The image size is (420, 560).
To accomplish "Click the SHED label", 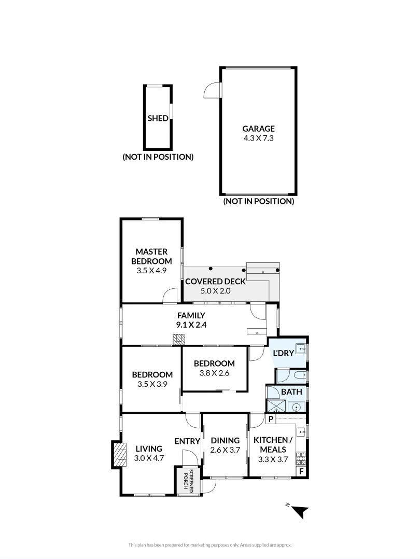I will (x=158, y=118).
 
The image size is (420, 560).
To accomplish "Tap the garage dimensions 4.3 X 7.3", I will (x=258, y=138).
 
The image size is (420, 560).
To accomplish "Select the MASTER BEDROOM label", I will (x=151, y=256).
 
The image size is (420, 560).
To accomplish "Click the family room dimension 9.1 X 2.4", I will (x=191, y=325).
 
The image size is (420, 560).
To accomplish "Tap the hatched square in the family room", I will (x=178, y=340).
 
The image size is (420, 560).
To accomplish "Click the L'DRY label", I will (x=283, y=353).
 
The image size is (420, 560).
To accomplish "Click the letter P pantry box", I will (x=271, y=418).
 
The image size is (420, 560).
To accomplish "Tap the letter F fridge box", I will (x=301, y=471).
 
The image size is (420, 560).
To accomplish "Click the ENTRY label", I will (x=187, y=441).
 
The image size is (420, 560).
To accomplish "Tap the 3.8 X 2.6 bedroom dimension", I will (x=214, y=372).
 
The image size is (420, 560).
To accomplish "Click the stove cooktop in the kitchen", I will (x=300, y=457).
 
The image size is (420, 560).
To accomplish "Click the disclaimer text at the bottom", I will (x=210, y=544).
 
